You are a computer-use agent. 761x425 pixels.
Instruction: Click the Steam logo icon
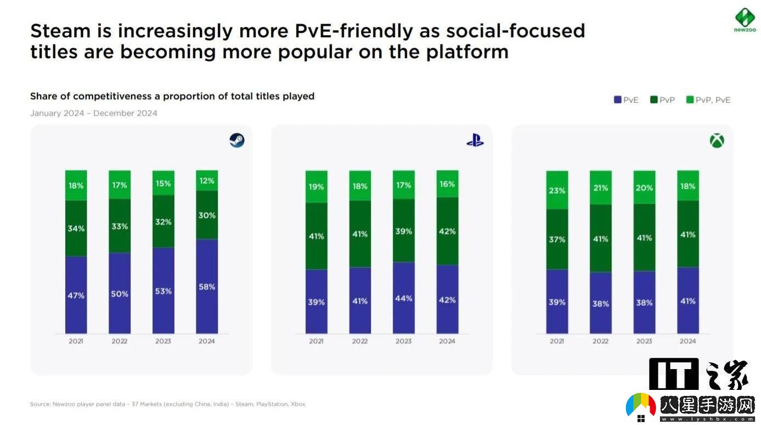(237, 140)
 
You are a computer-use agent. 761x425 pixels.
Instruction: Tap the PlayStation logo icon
(475, 140)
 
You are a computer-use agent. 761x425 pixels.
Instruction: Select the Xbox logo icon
(717, 141)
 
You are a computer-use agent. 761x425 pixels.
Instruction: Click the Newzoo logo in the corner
(745, 20)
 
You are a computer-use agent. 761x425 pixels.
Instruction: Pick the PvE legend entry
(626, 100)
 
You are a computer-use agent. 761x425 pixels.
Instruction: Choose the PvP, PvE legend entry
(708, 100)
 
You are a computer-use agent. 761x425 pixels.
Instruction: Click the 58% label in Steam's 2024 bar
(207, 287)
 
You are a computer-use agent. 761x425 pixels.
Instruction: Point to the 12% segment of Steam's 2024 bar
(207, 180)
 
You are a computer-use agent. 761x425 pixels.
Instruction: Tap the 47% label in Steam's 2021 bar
(76, 296)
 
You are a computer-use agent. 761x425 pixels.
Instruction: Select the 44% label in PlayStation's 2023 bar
(403, 298)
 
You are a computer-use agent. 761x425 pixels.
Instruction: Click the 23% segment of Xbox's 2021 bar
(557, 190)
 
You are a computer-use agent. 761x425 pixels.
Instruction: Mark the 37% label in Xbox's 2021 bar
(557, 240)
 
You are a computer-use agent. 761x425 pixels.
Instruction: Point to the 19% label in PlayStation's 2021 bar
(316, 186)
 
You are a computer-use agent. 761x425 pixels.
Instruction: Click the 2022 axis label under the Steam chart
(120, 341)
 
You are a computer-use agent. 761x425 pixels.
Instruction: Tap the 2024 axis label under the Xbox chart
(687, 341)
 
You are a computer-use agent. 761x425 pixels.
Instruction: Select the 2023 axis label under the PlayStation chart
(403, 341)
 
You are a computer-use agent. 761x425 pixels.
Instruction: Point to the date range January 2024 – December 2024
(94, 114)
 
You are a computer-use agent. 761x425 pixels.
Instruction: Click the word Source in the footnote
(41, 404)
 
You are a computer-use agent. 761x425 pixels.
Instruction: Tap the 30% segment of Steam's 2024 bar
(207, 216)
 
